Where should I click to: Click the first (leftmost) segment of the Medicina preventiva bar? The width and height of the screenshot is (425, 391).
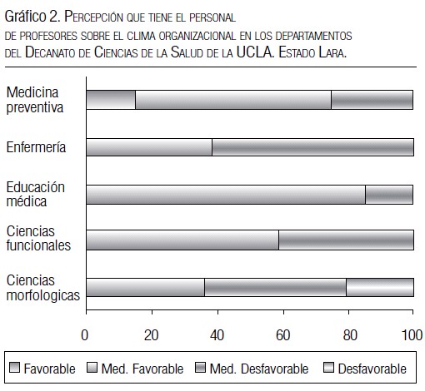coord(111,100)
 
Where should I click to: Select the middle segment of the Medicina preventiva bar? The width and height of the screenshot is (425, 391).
coord(233,100)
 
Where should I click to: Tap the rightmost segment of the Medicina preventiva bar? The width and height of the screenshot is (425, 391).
coord(372,100)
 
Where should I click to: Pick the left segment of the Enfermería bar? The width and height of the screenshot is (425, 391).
coord(149,147)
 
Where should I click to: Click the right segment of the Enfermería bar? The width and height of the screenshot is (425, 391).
coord(313,147)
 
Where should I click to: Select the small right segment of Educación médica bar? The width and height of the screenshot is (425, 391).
coord(389,195)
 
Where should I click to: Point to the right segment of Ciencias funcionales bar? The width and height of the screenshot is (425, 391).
coord(347,240)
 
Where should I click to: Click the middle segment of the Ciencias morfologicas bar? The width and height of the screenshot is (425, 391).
coord(275,287)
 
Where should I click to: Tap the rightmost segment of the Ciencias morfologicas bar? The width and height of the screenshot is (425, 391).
coord(380,287)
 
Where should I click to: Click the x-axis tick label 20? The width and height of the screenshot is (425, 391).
coord(152,335)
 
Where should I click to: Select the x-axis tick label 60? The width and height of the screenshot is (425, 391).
coord(282,335)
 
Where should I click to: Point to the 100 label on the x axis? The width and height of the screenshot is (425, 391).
coord(412,335)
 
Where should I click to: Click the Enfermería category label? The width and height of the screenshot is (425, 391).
coord(36,147)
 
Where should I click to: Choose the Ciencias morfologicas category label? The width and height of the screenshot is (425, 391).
coord(43,288)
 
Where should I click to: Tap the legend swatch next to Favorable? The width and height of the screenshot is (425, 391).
coord(14,368)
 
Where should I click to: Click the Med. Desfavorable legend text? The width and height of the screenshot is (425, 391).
coord(259,369)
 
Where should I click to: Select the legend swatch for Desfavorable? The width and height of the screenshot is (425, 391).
coord(328,368)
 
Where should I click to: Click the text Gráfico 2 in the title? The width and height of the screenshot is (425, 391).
coord(32,17)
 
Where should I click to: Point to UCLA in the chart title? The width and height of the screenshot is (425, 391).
coord(255,52)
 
